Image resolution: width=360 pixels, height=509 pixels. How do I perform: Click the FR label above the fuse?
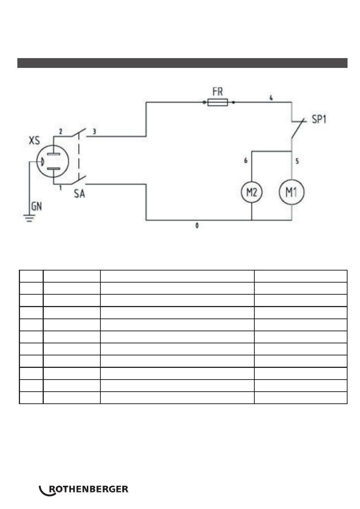coord(217,92)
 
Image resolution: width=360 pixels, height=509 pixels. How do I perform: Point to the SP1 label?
coord(319,119)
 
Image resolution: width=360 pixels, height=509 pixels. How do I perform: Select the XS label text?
coord(34,140)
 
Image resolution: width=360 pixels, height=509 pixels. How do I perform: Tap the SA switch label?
coord(79,194)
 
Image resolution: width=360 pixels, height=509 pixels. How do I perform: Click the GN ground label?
coord(37,206)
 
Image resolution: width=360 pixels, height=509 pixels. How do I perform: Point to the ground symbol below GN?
coord(29,218)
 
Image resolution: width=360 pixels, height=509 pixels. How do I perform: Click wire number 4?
coord(271,98)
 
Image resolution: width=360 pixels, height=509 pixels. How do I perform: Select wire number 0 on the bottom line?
coord(197,226)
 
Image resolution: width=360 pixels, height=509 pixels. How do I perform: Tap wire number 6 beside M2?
coord(246,160)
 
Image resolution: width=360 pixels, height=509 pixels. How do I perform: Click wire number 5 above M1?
coord(297,161)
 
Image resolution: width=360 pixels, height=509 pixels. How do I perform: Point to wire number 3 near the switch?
coord(94,131)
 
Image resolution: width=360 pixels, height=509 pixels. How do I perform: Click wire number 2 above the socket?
coord(60,131)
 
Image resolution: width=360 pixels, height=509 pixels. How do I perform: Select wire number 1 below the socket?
coord(60,188)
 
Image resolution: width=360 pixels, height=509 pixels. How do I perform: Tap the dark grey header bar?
coord(182,63)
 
